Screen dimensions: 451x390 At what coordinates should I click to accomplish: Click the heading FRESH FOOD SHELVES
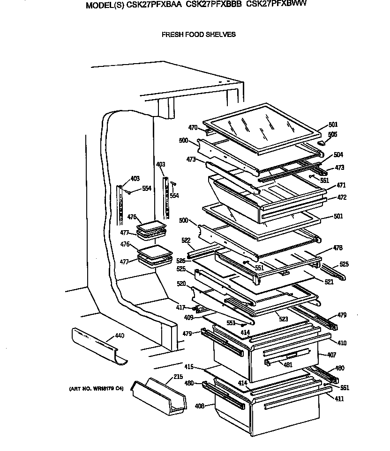tap(198, 35)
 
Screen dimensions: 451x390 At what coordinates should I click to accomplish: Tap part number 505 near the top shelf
tap(332, 134)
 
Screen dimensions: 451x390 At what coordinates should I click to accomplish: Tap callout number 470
tap(193, 127)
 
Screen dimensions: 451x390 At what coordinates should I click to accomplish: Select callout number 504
tap(338, 155)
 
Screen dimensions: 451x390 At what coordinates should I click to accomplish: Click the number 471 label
tap(340, 185)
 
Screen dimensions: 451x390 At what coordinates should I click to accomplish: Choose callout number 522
tap(186, 240)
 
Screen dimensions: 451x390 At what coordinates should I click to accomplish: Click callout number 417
tap(180, 307)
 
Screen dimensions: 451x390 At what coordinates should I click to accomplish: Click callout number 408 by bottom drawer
tap(200, 406)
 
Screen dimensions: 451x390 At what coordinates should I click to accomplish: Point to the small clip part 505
tap(321, 141)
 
